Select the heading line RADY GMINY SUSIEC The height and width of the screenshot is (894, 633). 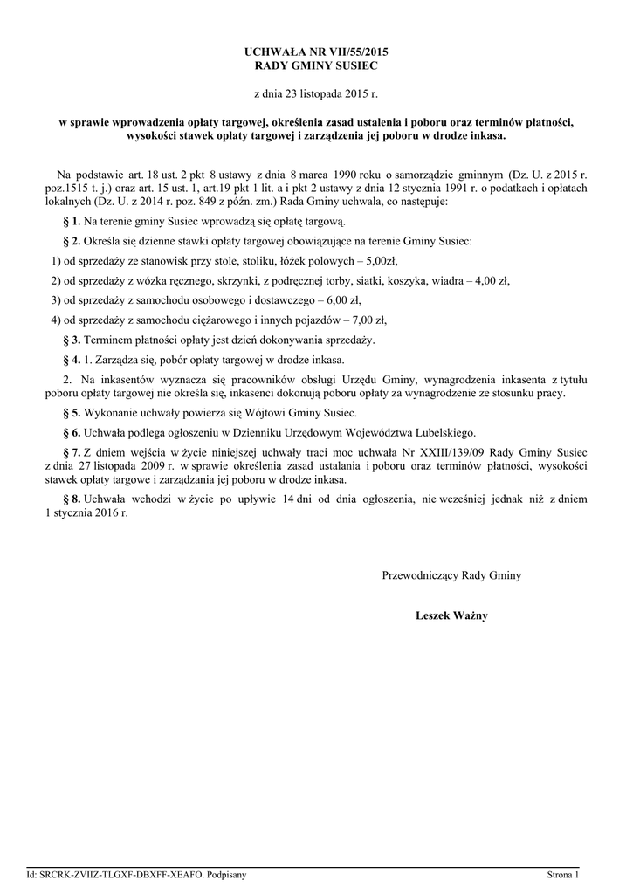point(316,65)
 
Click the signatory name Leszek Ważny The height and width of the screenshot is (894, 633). point(451,615)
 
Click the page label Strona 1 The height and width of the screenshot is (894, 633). point(563,874)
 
